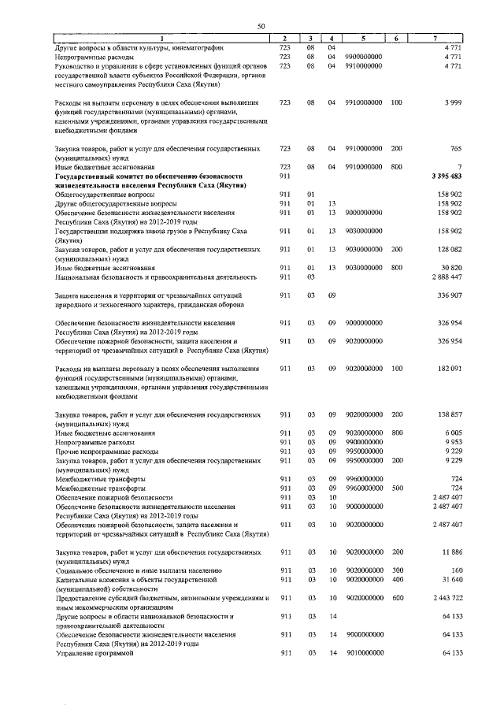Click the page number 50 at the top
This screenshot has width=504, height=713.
261,28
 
